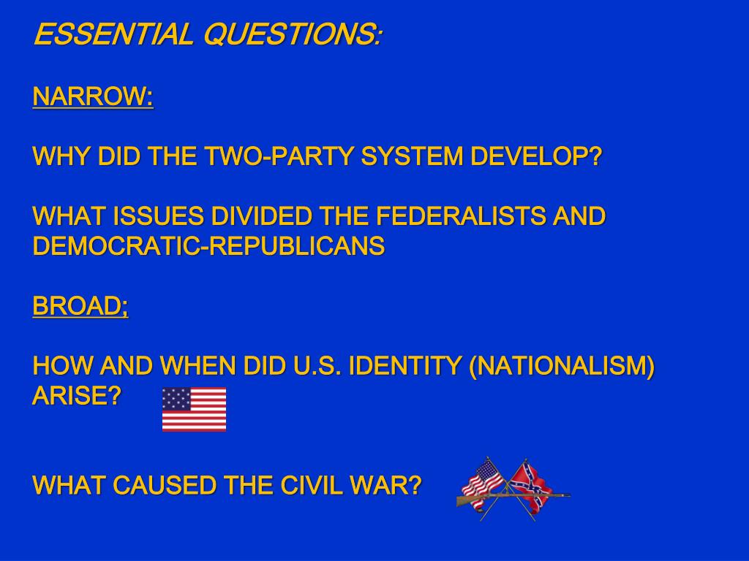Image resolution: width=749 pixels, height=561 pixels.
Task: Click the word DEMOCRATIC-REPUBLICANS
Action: (208, 247)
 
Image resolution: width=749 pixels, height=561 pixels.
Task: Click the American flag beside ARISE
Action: (194, 409)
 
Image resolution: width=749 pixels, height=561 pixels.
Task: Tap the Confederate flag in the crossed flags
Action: (532, 482)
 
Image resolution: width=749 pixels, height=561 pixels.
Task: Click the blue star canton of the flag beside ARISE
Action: (176, 399)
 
